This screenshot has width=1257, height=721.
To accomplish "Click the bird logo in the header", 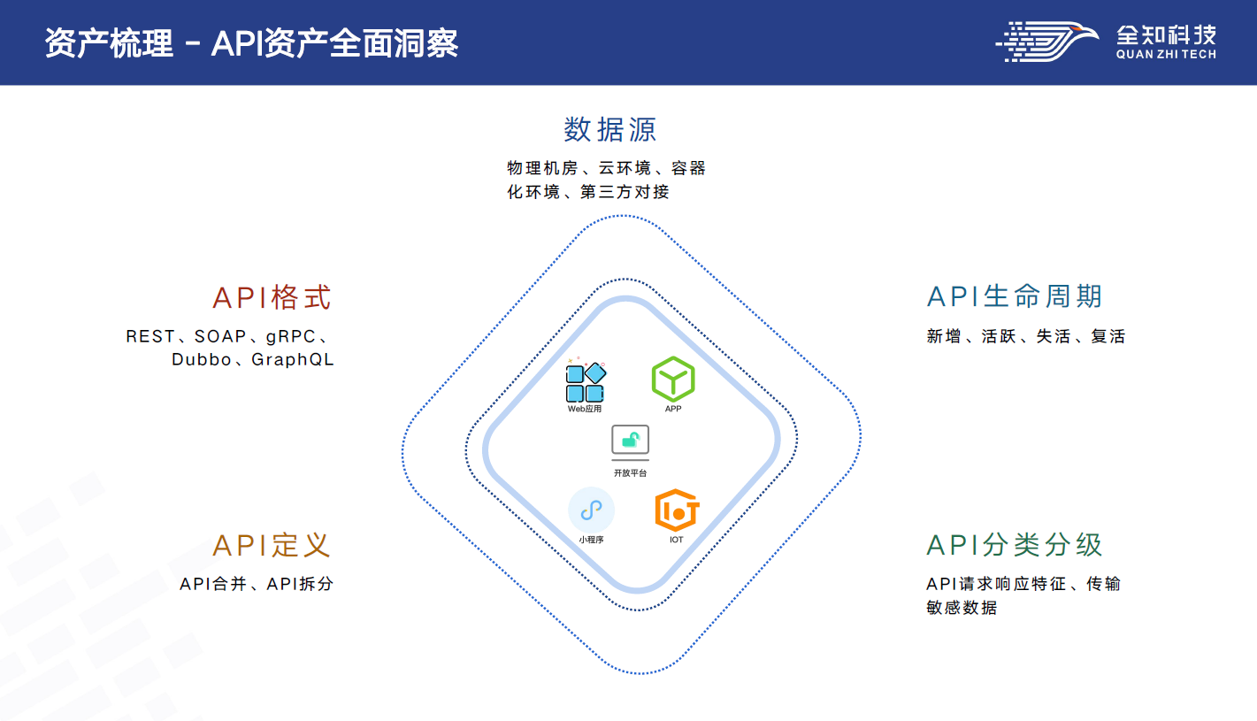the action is (x=1046, y=42).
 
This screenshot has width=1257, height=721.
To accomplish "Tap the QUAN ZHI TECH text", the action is (x=1166, y=55).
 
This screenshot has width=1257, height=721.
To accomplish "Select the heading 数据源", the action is (x=610, y=130).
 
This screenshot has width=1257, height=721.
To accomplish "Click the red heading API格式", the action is (x=272, y=297).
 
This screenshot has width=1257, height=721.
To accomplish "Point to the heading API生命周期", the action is (x=1015, y=296).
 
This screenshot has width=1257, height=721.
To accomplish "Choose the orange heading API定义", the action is (x=272, y=545).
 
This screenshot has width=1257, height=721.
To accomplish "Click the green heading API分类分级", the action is (x=1015, y=545).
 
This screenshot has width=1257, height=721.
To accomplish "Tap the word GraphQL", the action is (x=293, y=360).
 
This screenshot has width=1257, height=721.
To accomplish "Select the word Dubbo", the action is (x=202, y=360).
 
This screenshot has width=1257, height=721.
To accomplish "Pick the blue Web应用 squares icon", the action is (x=586, y=380).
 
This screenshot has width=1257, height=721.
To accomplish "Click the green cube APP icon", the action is (x=673, y=380).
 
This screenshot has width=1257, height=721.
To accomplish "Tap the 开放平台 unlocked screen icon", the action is (x=630, y=442).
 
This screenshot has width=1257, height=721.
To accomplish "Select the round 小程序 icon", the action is (x=592, y=510).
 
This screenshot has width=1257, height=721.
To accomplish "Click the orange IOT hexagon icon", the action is (x=677, y=510).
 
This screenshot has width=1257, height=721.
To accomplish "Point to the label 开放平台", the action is (x=630, y=473).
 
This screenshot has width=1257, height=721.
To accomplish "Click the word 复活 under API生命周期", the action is (x=1108, y=336).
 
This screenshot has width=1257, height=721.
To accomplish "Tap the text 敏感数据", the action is (x=962, y=608).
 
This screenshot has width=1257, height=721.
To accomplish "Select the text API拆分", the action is (x=300, y=584).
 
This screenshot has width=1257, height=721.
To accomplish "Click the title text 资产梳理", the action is (x=109, y=43).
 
